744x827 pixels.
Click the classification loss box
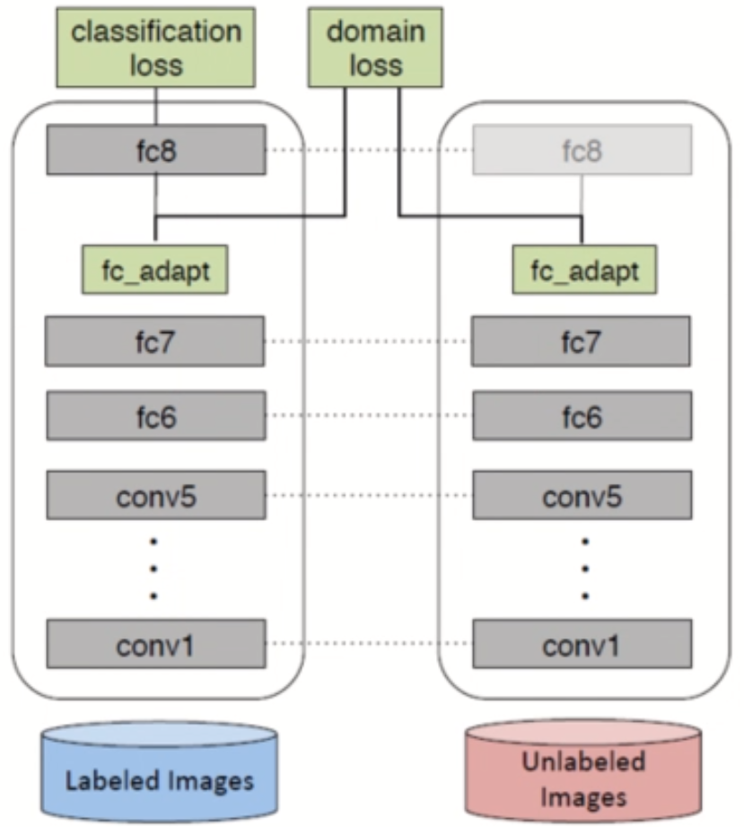pyautogui.click(x=156, y=48)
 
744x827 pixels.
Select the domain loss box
pyautogui.click(x=375, y=48)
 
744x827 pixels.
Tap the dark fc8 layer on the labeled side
pyautogui.click(x=155, y=149)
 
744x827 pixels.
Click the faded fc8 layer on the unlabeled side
pyautogui.click(x=581, y=149)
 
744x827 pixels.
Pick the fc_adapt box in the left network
pyautogui.click(x=154, y=269)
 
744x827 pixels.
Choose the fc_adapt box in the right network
pyautogui.click(x=581, y=269)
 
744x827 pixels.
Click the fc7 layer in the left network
pyautogui.click(x=155, y=341)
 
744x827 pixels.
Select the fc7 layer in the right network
pyautogui.click(x=581, y=341)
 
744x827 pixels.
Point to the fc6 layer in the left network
pyautogui.click(x=155, y=416)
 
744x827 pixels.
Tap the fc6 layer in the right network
pyautogui.click(x=581, y=416)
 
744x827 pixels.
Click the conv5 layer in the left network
pyautogui.click(x=155, y=495)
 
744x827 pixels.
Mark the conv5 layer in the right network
pyautogui.click(x=581, y=495)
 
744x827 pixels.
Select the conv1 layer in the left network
pyautogui.click(x=155, y=643)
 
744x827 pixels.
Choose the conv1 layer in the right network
pyautogui.click(x=581, y=643)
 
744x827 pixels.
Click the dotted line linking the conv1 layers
pyautogui.click(x=368, y=644)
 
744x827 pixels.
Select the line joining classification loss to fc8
pyautogui.click(x=156, y=105)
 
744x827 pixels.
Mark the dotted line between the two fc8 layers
pyautogui.click(x=368, y=149)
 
